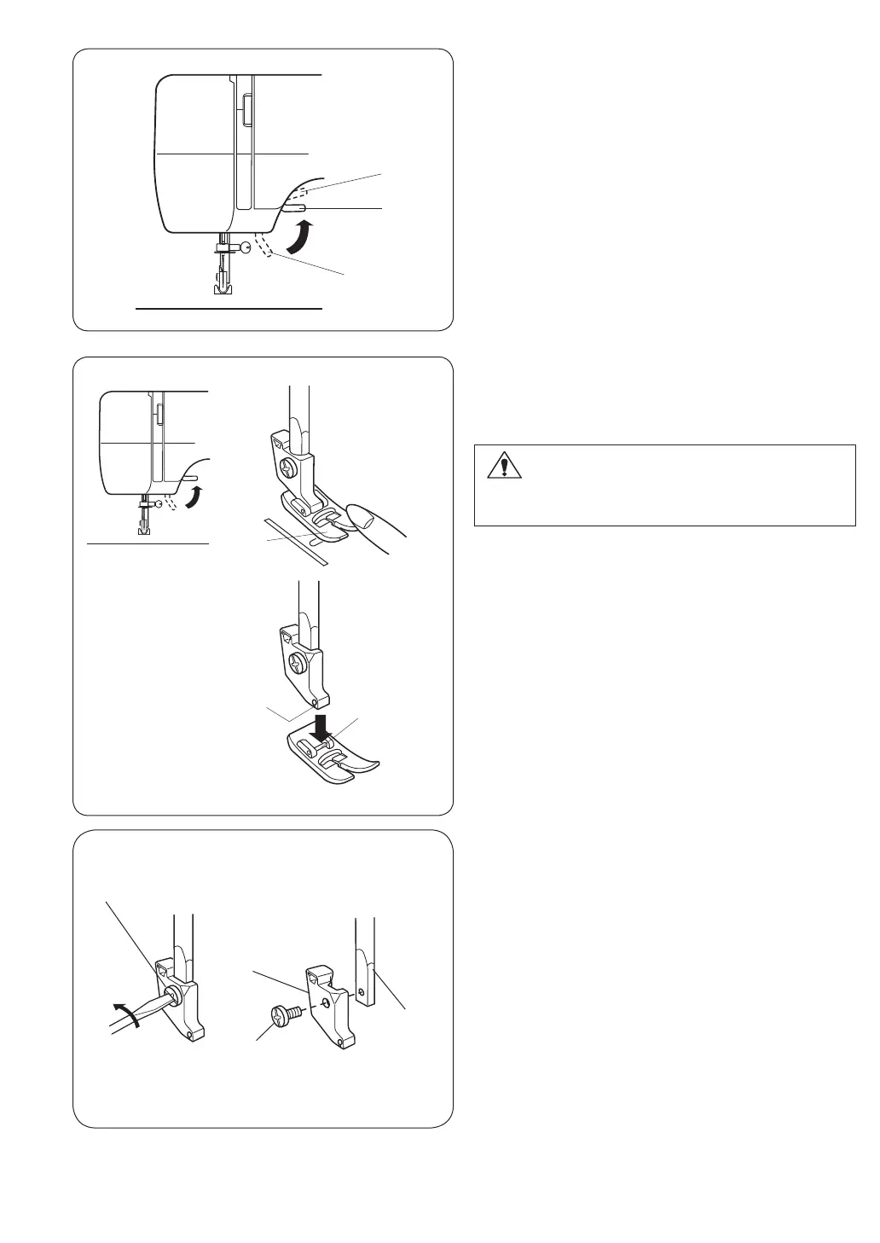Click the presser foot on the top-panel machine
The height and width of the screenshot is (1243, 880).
click(223, 287)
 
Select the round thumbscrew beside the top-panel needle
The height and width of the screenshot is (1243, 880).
click(246, 247)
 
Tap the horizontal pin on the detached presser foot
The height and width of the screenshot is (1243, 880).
click(315, 742)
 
